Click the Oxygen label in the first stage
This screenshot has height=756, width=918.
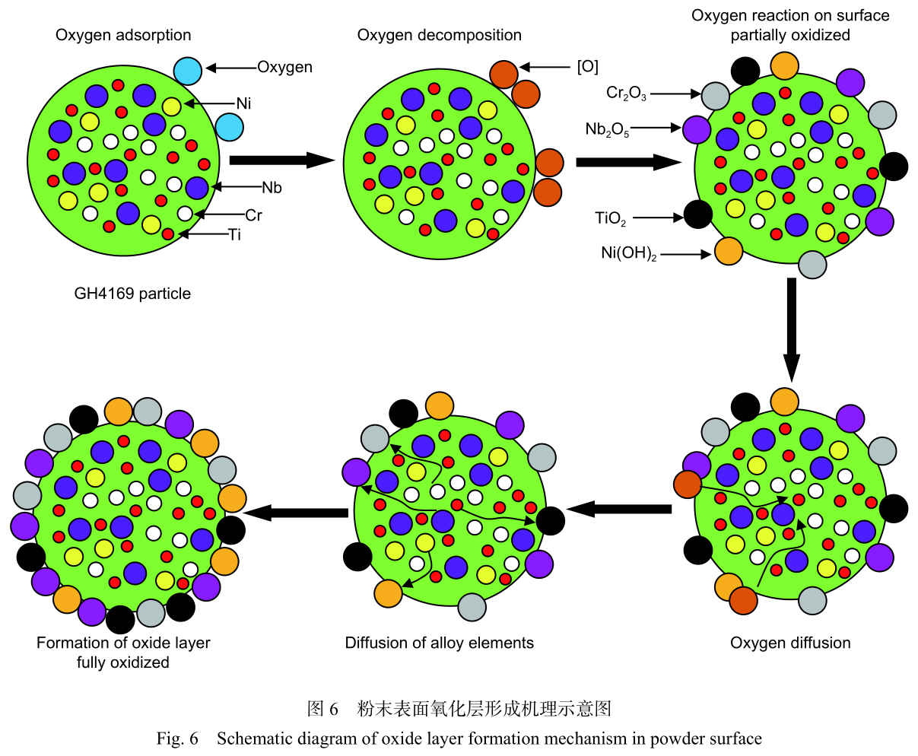tap(284, 67)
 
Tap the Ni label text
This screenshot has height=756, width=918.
tap(243, 103)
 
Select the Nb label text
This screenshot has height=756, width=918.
tap(272, 187)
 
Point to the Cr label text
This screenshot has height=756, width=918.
tap(253, 215)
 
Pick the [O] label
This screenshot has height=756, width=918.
tap(587, 67)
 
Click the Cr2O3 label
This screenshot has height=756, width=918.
tap(626, 94)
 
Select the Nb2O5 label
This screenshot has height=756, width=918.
tap(607, 129)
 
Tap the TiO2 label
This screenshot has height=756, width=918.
tap(611, 219)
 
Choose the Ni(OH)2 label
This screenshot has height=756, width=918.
tap(628, 254)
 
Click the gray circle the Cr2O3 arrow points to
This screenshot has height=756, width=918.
tap(715, 95)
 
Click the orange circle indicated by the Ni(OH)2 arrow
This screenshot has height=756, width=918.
tap(728, 251)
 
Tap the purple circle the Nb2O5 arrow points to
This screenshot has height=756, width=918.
tap(696, 129)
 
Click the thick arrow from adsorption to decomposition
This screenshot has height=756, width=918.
tap(281, 160)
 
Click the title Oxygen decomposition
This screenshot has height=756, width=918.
tap(440, 35)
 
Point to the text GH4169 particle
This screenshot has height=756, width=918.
tap(132, 294)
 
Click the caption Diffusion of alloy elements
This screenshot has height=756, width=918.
tap(439, 643)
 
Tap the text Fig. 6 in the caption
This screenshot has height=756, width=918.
tap(177, 739)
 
